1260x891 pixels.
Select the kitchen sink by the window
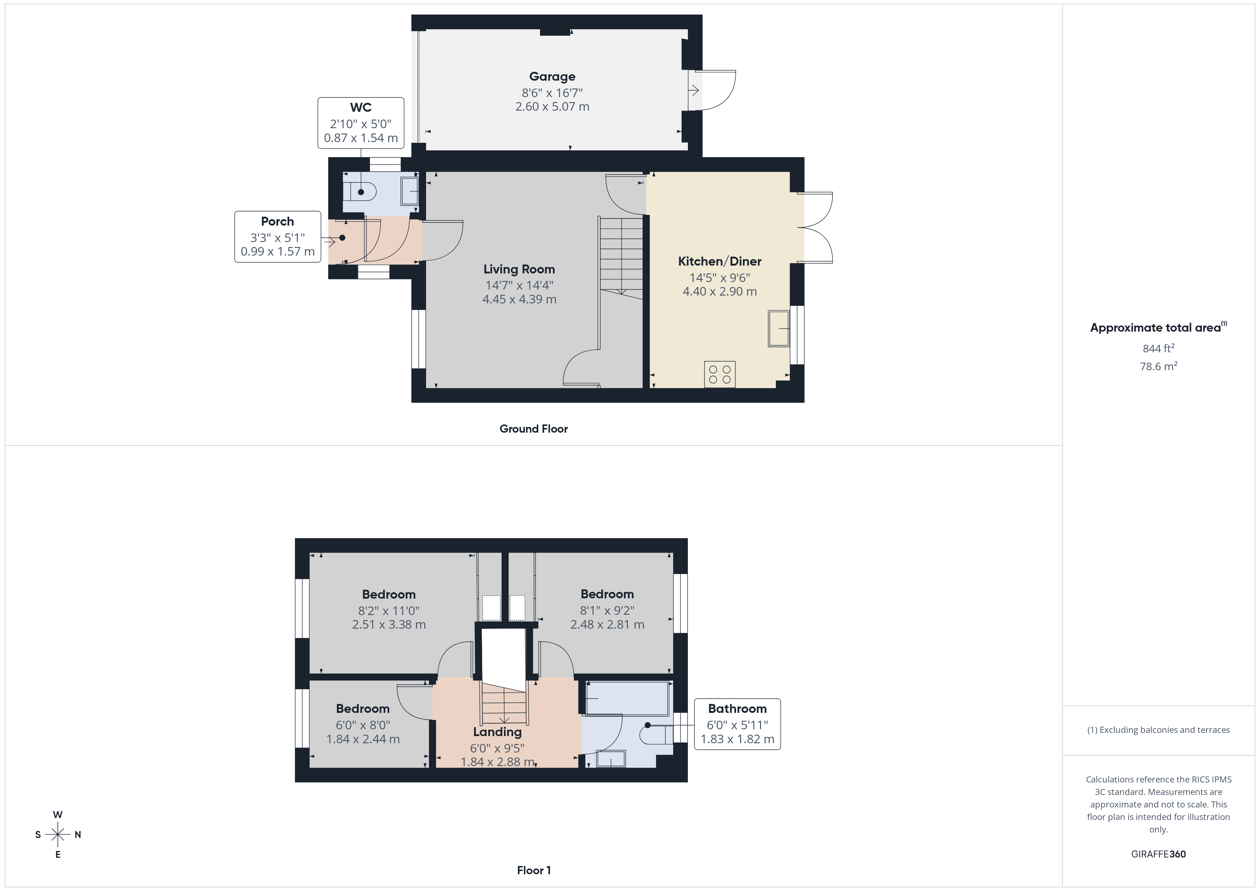pyautogui.click(x=778, y=328)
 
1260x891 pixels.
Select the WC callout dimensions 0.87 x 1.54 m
pyautogui.click(x=361, y=138)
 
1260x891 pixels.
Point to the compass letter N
pyautogui.click(x=78, y=835)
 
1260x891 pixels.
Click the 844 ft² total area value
pyautogui.click(x=1158, y=348)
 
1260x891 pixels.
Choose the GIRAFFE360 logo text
pyautogui.click(x=1158, y=854)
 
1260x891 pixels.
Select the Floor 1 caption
pyautogui.click(x=534, y=870)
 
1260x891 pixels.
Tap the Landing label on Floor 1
pyautogui.click(x=497, y=732)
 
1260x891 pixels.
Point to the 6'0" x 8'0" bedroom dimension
pyautogui.click(x=363, y=725)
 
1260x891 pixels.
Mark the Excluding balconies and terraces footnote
pyautogui.click(x=1158, y=730)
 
